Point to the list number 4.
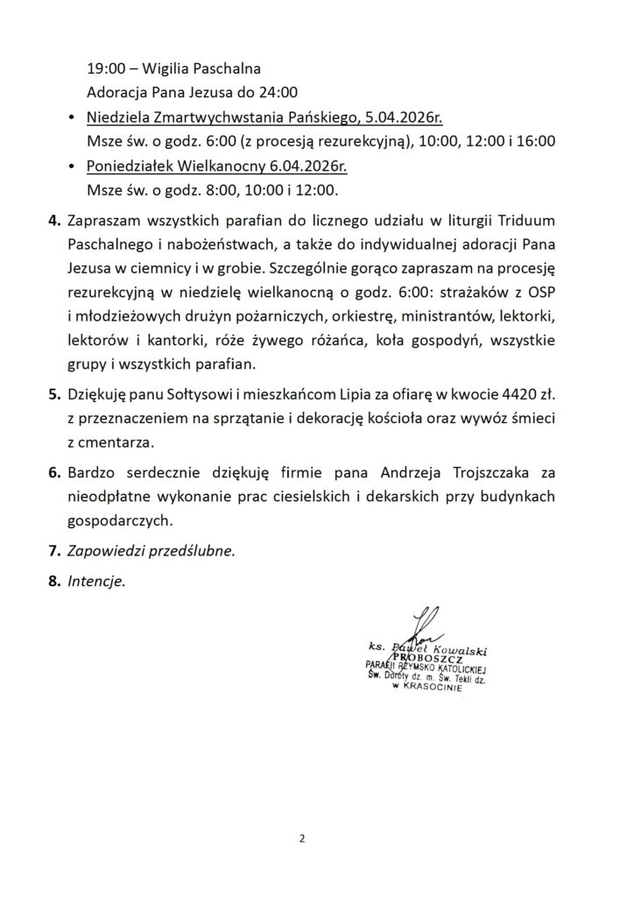[53, 219]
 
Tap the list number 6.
[53, 473]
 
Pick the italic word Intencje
[96, 580]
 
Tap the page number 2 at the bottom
[302, 838]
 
